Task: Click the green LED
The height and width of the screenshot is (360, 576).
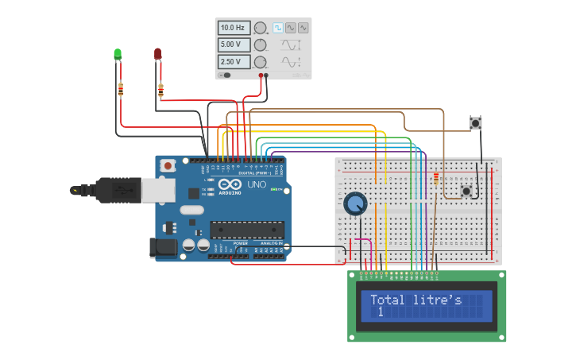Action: (118, 54)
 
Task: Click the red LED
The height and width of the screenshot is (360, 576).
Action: (157, 53)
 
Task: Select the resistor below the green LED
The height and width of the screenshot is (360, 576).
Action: (121, 89)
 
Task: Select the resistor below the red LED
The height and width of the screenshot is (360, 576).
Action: (161, 91)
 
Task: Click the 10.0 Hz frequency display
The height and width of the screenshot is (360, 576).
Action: (234, 28)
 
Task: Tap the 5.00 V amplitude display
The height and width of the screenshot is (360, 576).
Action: (234, 45)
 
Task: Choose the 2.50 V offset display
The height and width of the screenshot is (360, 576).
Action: (234, 61)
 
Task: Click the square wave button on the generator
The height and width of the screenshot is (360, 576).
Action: (278, 28)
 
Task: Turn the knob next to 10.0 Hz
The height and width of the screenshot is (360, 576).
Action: (260, 28)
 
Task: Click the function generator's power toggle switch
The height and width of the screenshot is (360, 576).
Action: (226, 75)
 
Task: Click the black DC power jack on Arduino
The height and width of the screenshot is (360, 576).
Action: (163, 248)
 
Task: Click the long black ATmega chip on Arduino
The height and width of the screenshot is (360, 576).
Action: (247, 230)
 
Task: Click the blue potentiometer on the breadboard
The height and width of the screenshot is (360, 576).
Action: (355, 204)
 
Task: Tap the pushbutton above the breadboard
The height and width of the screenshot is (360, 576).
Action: (475, 122)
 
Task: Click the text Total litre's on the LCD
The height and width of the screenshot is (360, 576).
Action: (416, 300)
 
